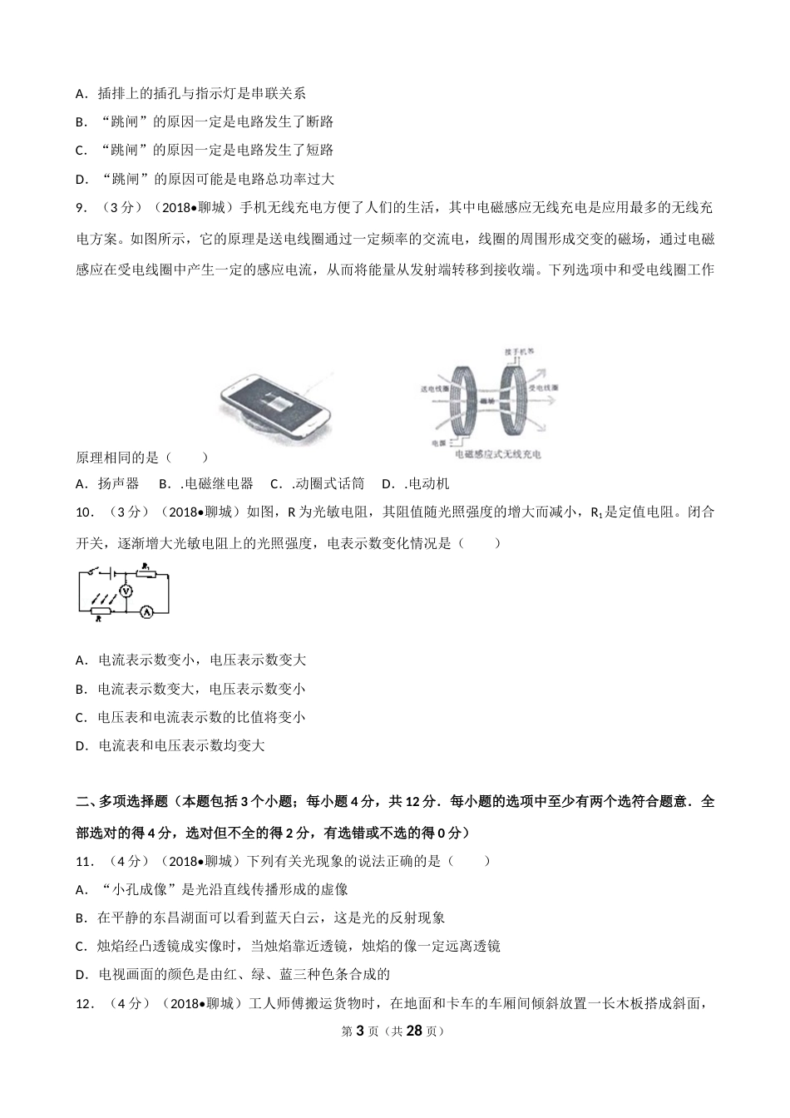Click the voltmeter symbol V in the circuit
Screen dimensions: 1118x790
[126, 590]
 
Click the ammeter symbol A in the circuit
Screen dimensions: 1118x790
[146, 611]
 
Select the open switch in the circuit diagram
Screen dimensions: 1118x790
[98, 572]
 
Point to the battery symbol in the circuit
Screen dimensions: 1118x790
[113, 573]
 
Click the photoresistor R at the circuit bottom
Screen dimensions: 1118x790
[99, 611]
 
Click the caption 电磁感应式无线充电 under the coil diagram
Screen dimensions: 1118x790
[498, 455]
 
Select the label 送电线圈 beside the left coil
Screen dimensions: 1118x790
[435, 388]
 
